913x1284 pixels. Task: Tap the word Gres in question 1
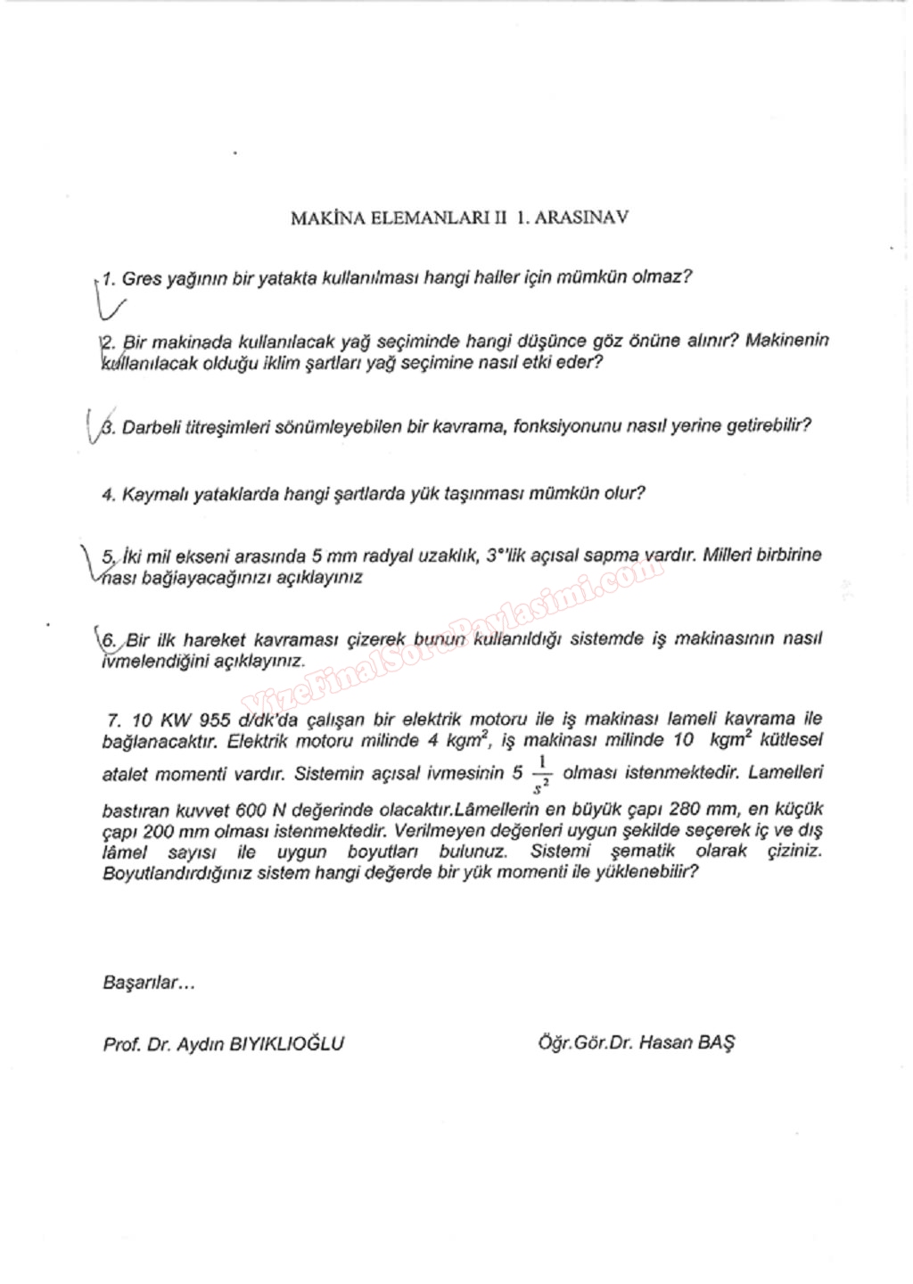pyautogui.click(x=142, y=278)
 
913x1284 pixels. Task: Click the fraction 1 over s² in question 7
pyautogui.click(x=541, y=773)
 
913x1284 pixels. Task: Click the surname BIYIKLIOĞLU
pyautogui.click(x=287, y=1043)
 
